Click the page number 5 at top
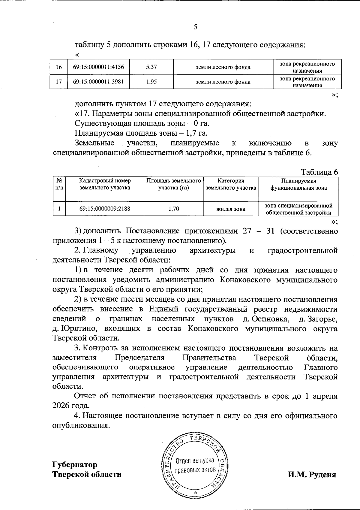[x=195, y=27]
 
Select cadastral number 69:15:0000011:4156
[x=98, y=67]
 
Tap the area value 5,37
[x=151, y=67]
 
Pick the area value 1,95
[x=151, y=82]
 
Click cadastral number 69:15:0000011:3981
[x=98, y=81]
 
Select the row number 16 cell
[x=59, y=67]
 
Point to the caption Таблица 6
[x=319, y=172]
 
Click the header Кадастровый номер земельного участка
[x=105, y=184]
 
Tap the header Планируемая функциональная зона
[x=298, y=184]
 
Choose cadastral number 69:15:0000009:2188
[x=105, y=209]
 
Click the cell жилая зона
[x=231, y=209]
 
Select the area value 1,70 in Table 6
[x=174, y=209]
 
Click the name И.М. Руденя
[x=312, y=475]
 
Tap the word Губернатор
[x=75, y=464]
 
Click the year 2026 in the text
[x=61, y=406]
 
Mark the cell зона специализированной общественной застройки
[x=298, y=209]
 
